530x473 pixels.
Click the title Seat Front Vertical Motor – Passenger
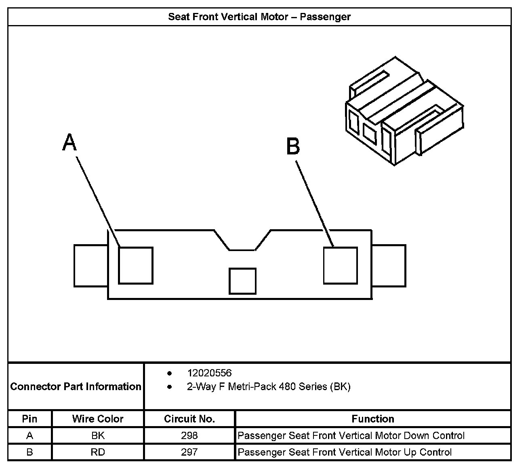coord(259,17)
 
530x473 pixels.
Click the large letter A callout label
coord(69,143)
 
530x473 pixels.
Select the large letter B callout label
coord(293,146)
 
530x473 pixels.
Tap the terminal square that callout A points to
coord(135,265)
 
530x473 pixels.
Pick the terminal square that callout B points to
coord(341,265)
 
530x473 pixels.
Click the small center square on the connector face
coord(242,281)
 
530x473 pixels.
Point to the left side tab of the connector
coord(90,265)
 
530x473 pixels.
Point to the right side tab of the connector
coord(389,265)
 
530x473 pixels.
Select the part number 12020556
coord(209,373)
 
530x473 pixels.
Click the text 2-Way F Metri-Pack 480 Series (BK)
coord(269,386)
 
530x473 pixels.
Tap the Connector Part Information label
coord(76,386)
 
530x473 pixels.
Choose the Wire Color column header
coord(98,419)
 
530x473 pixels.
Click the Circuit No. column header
coord(189,419)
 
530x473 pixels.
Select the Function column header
coord(372,419)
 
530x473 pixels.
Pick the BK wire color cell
coord(98,435)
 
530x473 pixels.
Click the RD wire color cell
coord(98,452)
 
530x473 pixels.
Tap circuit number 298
coord(189,435)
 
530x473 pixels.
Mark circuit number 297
coord(189,452)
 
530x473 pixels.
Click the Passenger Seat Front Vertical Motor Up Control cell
coord(345,452)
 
